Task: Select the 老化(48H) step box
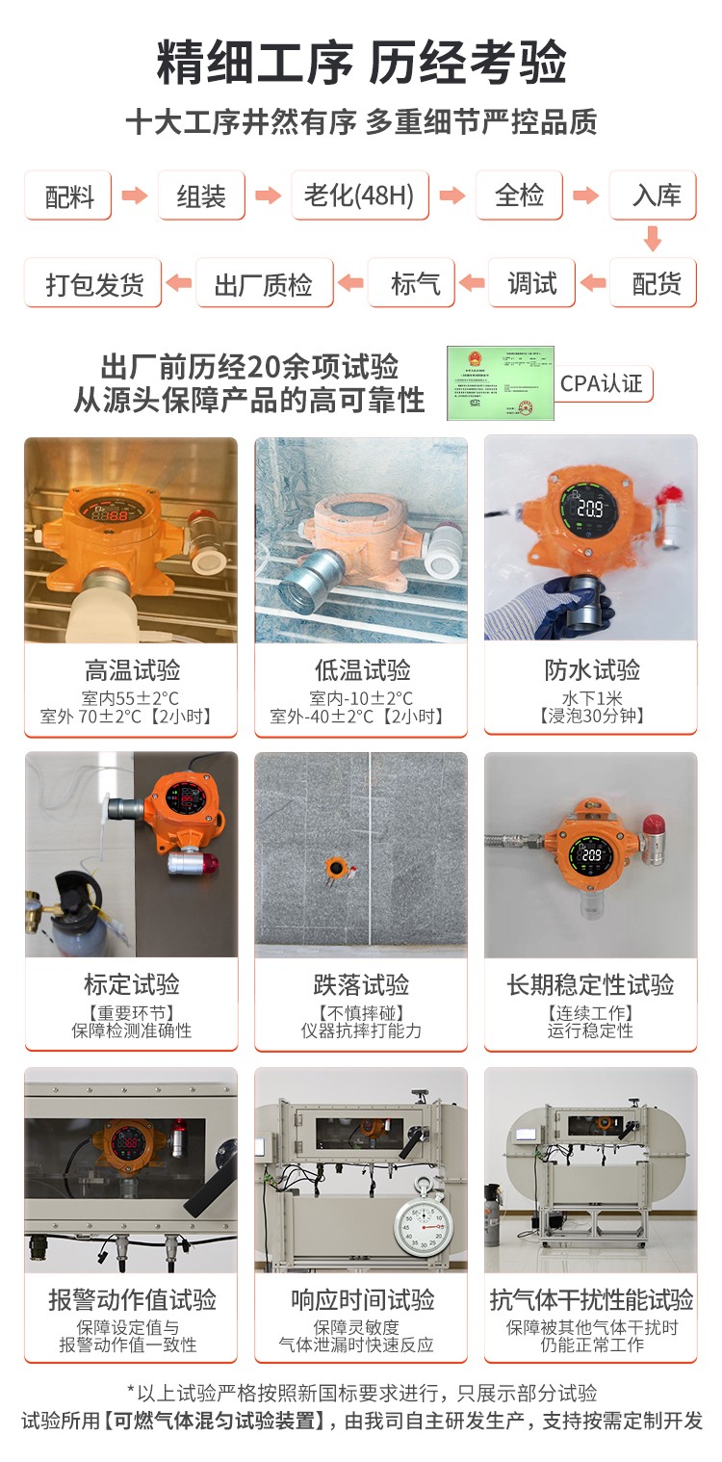point(359,196)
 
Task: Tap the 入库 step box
point(656,196)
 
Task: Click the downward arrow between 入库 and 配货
point(653,238)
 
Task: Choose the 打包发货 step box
point(94,283)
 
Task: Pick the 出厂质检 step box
point(263,283)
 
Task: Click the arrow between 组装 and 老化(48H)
point(269,196)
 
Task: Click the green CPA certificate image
point(500,382)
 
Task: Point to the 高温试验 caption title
point(132,669)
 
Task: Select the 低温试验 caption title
point(362,669)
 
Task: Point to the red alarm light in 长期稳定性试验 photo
point(655,827)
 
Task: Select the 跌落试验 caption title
point(362,984)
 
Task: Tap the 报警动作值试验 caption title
point(132,1299)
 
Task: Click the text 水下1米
point(591,697)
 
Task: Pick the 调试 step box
point(531,283)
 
